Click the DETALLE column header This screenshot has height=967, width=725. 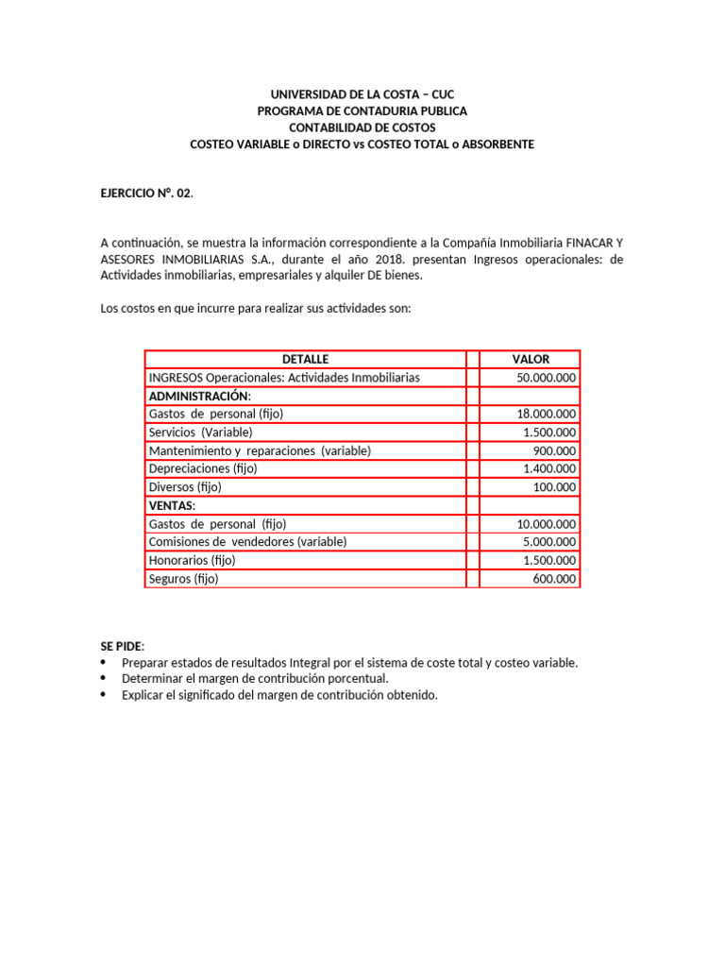pos(305,359)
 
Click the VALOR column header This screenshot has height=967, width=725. pos(531,359)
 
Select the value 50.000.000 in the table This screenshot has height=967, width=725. pos(546,378)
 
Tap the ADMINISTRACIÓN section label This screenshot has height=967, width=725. pos(200,396)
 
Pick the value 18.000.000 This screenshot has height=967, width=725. pos(546,414)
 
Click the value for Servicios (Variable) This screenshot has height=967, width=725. pos(551,433)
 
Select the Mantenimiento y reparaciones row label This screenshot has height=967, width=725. pos(260,450)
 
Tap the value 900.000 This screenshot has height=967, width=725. pos(555,450)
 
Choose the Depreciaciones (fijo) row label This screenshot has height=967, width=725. pos(203,468)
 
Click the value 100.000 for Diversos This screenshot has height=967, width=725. pos(555,487)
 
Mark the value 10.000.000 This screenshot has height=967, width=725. pos(546,524)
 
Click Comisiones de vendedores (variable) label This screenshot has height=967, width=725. pos(247,542)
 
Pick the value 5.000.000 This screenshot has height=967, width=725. pos(551,542)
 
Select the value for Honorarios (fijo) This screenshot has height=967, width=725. pos(551,560)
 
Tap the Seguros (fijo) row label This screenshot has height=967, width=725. pos(183,579)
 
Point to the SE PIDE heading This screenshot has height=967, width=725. pos(122,645)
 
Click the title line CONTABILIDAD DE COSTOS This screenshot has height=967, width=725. pos(362,127)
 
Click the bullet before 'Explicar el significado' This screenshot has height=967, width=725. pos(104,696)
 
